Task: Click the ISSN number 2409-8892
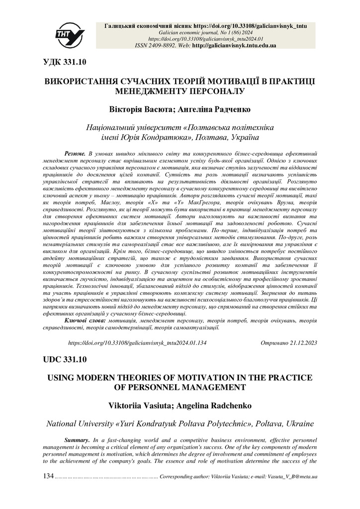click(166, 45)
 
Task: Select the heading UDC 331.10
click(65, 359)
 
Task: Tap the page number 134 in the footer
click(48, 476)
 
